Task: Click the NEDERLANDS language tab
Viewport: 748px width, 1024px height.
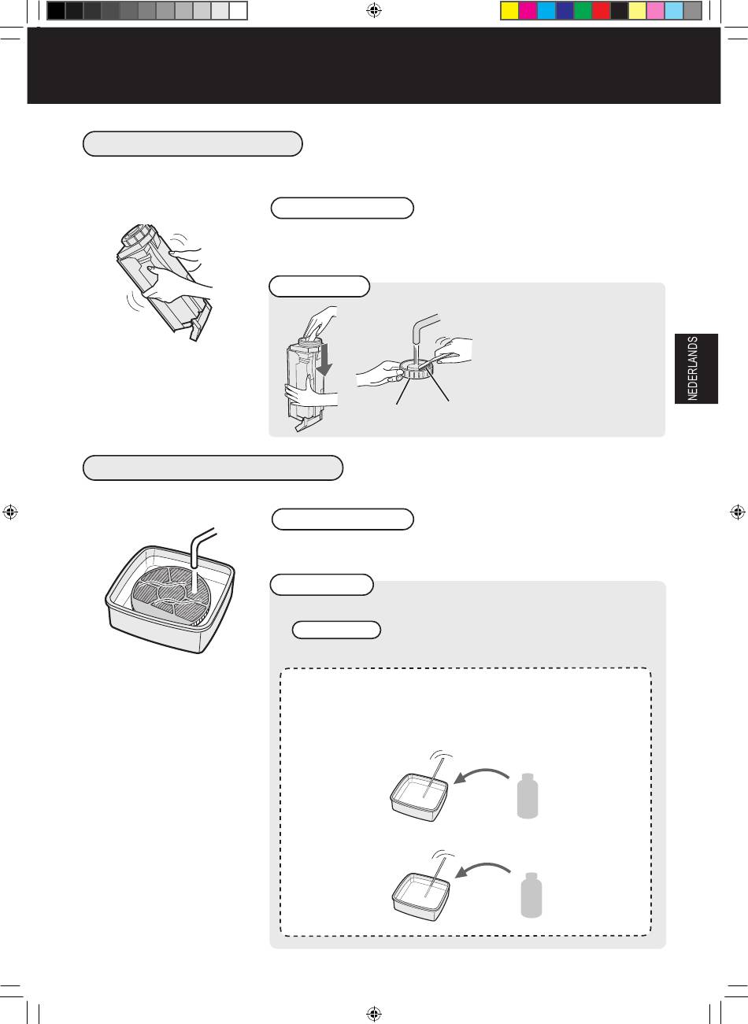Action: (696, 368)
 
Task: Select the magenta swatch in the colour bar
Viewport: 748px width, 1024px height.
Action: (528, 11)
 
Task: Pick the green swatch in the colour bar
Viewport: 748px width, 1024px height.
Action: (583, 11)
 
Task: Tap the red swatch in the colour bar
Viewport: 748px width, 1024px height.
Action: (601, 11)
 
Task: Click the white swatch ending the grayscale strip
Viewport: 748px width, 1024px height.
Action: (239, 11)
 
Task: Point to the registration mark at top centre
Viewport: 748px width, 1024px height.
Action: (374, 10)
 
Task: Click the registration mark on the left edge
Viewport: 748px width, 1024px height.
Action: (10, 512)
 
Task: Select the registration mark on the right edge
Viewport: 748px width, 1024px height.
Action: (738, 512)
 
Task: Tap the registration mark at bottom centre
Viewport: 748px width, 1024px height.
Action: (374, 1014)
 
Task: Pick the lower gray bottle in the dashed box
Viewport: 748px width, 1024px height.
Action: (531, 895)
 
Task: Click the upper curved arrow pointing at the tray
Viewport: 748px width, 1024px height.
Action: (481, 776)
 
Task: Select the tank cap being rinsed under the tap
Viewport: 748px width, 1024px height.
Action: (415, 370)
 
